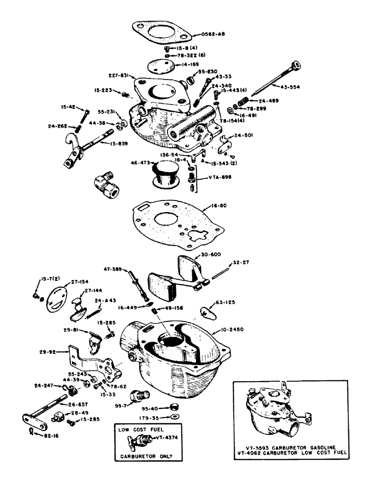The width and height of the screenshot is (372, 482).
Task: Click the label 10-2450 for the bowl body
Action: coord(233,330)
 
